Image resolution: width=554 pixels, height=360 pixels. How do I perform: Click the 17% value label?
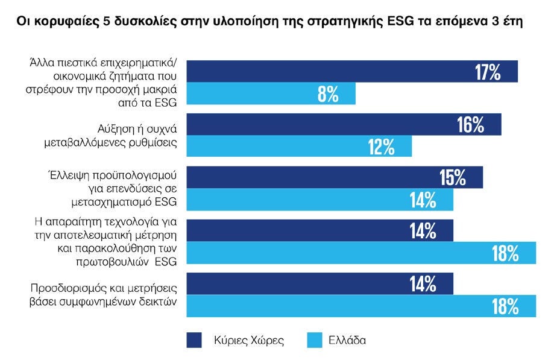coord(488,72)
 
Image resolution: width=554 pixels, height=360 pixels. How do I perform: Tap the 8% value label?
coord(329,95)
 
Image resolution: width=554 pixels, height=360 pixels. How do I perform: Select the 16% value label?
coord(470,125)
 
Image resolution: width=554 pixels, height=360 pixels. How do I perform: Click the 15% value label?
coord(453,178)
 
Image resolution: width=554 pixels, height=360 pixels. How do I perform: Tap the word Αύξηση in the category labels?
coord(115,129)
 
